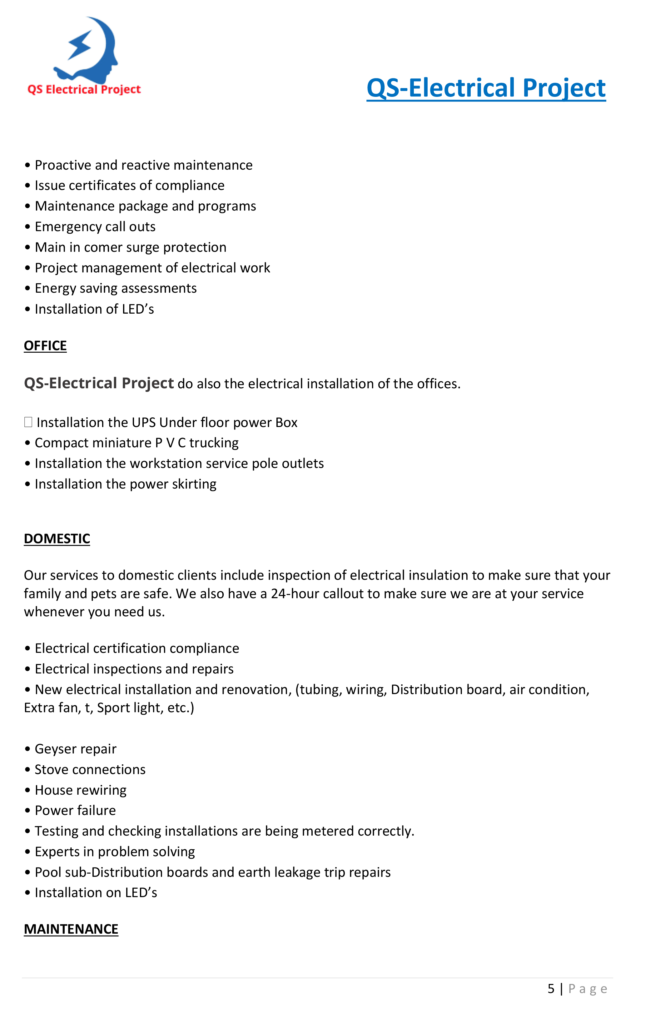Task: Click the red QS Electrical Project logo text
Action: tap(84, 90)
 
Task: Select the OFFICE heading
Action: tap(45, 346)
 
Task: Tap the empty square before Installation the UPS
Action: tap(28, 422)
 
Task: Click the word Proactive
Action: tap(63, 165)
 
